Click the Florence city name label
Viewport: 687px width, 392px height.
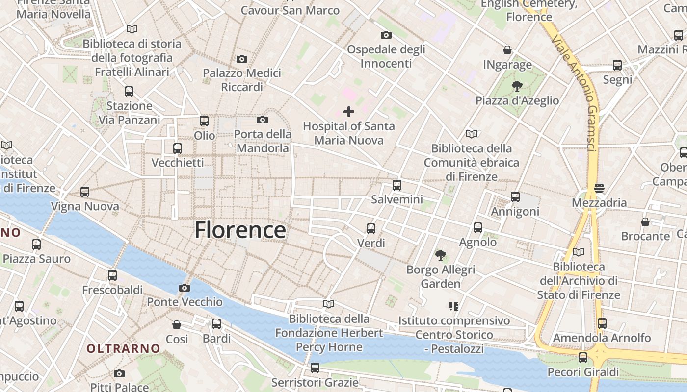(x=240, y=230)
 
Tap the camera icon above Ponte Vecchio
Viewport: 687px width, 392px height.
(x=185, y=288)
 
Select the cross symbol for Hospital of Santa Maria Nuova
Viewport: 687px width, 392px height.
(x=349, y=112)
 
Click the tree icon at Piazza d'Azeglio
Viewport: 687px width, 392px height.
(x=517, y=87)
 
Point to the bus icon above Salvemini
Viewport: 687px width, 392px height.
(x=397, y=185)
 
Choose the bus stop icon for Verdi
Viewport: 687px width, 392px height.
(x=371, y=229)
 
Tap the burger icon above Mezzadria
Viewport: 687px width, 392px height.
(x=599, y=188)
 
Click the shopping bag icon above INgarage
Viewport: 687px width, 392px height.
(x=507, y=50)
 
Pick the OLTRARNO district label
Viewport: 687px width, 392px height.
(x=124, y=349)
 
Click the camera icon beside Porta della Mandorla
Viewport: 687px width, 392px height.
(x=263, y=120)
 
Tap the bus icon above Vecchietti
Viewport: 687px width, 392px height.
(x=178, y=148)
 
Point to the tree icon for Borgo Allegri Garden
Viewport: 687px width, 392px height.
(x=441, y=255)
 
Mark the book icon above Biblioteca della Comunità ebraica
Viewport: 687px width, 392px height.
(x=472, y=134)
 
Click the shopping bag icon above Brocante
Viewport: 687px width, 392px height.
(x=645, y=222)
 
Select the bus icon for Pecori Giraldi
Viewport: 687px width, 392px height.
(x=583, y=358)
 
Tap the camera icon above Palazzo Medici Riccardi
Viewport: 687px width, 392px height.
(x=242, y=59)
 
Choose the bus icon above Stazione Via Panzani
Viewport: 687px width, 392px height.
(x=129, y=92)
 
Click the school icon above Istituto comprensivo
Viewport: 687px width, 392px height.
(x=454, y=306)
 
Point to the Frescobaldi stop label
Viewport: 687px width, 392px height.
(x=112, y=290)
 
